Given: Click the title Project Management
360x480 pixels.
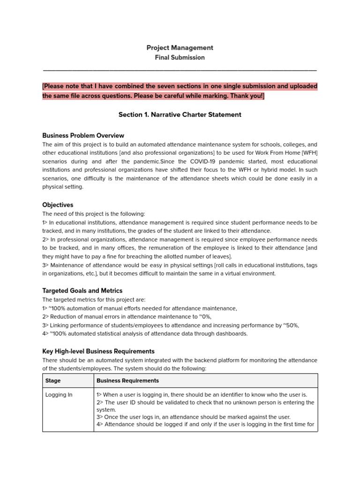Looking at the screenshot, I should coord(180,47).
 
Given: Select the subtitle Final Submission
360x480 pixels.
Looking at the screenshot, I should coord(180,57).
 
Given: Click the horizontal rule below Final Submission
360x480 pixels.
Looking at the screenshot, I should coord(180,70).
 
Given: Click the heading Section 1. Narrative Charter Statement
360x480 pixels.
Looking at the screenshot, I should coord(180,114).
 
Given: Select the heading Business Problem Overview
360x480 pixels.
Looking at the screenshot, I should coord(83,135).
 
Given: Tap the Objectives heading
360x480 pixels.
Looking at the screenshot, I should coord(58,205).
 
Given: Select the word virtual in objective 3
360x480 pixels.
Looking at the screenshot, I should coord(235,273).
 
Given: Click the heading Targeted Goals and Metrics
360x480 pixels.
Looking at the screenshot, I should coord(82,291).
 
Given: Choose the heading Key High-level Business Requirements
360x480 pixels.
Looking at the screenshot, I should coord(98,351).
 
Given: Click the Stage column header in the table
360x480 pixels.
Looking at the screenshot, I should coord(53,381).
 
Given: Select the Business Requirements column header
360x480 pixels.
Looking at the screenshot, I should coord(127,381).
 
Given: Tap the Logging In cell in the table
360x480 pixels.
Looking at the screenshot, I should coord(59,395).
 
